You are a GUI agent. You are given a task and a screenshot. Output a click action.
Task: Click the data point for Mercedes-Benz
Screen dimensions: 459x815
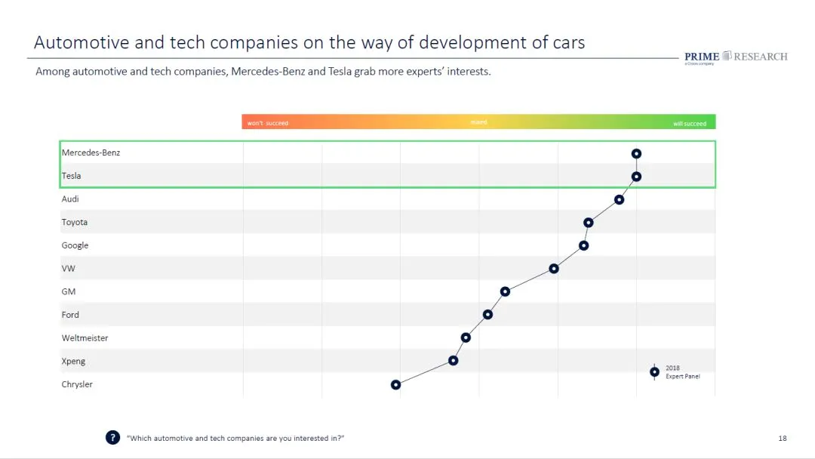(636, 153)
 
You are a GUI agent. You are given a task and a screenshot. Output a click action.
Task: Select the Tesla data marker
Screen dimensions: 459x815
(636, 177)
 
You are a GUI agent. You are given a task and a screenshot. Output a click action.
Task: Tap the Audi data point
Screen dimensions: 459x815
(619, 199)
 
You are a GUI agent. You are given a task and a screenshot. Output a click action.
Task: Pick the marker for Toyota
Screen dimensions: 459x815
(588, 223)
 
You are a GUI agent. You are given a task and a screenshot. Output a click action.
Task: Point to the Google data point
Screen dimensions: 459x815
(583, 245)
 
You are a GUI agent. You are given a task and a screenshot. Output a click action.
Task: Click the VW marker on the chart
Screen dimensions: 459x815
(554, 269)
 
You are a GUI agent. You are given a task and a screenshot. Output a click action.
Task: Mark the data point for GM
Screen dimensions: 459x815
(505, 291)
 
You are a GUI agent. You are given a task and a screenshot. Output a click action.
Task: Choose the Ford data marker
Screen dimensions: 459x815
(487, 315)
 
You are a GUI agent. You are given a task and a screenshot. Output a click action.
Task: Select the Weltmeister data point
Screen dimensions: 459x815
(466, 337)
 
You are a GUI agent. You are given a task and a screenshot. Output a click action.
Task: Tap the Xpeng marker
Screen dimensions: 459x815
(453, 361)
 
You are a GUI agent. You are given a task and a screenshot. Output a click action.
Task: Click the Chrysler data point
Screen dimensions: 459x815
(395, 384)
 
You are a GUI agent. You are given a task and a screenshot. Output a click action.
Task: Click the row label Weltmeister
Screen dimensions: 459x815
(85, 338)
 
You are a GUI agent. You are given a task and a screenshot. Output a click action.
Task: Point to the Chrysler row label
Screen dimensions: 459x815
(77, 384)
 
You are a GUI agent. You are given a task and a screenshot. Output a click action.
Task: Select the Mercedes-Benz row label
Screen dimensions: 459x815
(91, 152)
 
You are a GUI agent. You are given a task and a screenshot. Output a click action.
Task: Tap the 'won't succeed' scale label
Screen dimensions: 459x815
(268, 123)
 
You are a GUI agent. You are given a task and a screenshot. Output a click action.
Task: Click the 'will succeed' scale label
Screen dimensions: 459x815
(690, 123)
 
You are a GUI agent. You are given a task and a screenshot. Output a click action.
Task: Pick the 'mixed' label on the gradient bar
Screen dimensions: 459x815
(478, 122)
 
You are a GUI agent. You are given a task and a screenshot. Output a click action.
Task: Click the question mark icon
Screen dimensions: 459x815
(112, 438)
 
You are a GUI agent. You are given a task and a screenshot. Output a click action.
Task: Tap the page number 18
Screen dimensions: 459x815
(783, 438)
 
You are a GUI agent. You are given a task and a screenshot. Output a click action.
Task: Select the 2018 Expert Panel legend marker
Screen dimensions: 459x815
(654, 371)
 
